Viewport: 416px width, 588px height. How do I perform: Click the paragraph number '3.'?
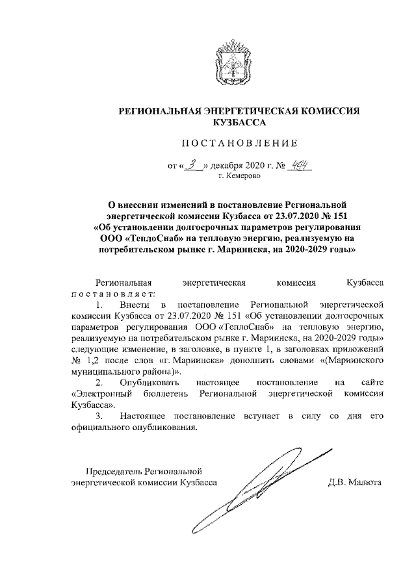pos(99,416)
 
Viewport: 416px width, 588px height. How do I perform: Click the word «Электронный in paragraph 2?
pos(98,394)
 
